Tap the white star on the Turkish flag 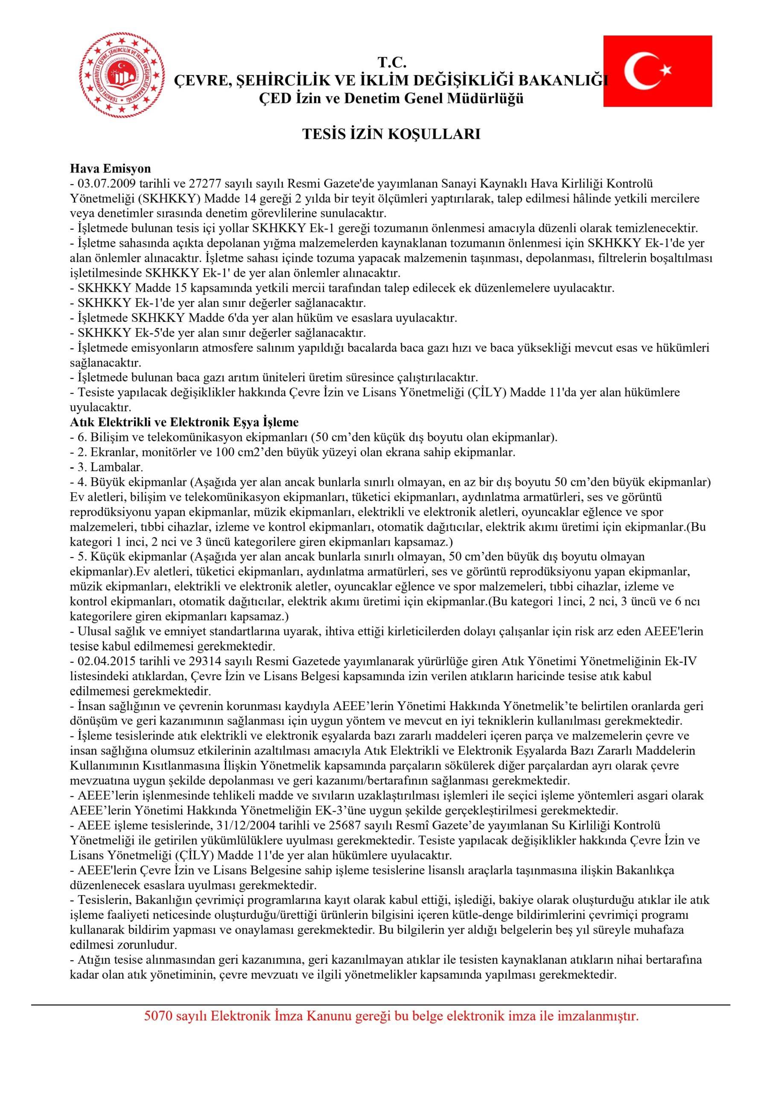(665, 70)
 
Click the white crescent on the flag (640, 71)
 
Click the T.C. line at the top (392, 62)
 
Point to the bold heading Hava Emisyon (110, 169)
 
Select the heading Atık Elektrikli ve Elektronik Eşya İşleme (184, 422)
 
